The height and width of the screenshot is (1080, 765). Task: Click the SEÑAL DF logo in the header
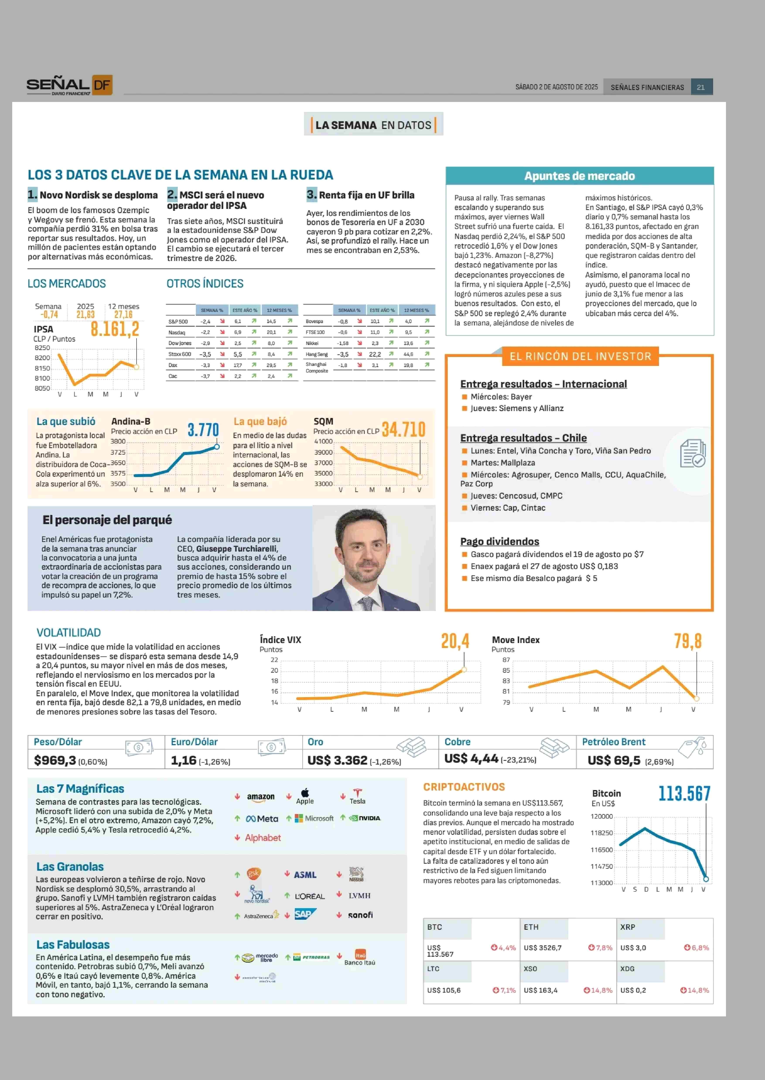69,85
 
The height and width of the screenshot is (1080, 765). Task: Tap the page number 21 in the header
701,87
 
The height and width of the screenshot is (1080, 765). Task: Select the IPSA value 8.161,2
115,329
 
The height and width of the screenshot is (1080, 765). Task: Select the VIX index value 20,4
455,641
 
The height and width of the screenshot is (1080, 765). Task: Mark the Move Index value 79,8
688,641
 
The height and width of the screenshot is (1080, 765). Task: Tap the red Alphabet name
263,838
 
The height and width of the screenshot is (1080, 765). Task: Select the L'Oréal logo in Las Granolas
310,896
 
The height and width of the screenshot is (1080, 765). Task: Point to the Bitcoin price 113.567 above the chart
685,793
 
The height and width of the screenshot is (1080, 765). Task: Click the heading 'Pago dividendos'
500,542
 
